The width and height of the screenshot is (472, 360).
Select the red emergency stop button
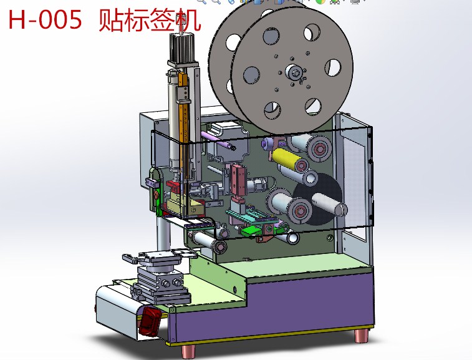149,321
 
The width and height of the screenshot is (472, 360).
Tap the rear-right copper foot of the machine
361,336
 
